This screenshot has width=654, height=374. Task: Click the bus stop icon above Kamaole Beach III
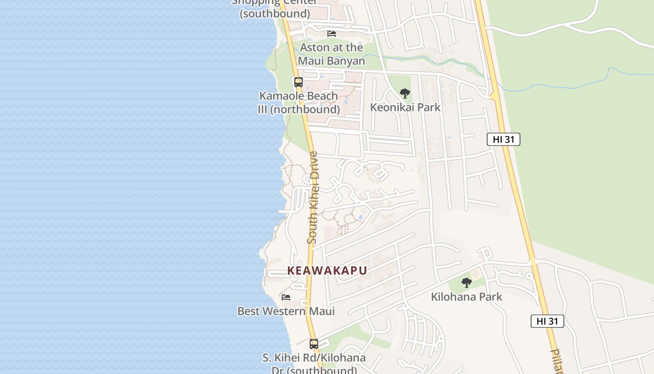click(x=298, y=82)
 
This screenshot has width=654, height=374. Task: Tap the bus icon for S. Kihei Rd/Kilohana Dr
click(x=314, y=344)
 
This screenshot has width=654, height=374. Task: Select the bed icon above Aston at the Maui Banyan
click(x=332, y=34)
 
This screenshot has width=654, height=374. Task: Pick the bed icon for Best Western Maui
click(x=286, y=297)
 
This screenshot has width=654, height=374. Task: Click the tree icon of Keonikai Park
click(x=405, y=93)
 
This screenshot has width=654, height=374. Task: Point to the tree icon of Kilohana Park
click(x=466, y=282)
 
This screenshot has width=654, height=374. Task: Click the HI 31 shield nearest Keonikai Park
click(x=503, y=139)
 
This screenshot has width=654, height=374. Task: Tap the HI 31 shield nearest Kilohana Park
click(x=547, y=321)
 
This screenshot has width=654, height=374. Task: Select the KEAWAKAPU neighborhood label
click(x=327, y=271)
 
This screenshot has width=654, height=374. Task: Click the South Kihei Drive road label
click(x=313, y=197)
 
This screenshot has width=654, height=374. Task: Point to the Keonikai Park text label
click(x=405, y=107)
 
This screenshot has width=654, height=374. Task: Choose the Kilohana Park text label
click(x=466, y=296)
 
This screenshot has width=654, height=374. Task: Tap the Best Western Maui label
click(x=286, y=311)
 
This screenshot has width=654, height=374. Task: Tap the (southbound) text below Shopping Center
click(x=275, y=14)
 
